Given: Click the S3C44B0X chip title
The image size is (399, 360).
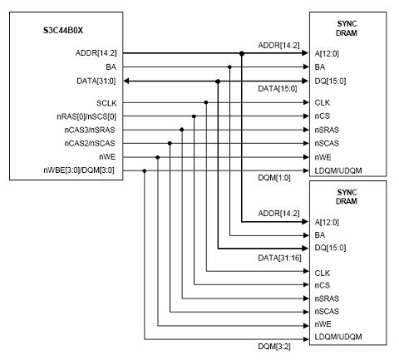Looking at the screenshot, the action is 63,30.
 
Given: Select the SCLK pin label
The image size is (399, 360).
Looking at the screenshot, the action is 106,103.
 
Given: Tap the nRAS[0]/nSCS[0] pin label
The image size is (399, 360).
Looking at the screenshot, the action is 86,116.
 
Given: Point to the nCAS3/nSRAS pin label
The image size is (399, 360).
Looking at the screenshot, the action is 90,130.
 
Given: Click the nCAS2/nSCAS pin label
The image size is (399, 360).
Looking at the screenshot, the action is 90,143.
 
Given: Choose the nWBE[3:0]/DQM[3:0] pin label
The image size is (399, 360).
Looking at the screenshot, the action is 79,170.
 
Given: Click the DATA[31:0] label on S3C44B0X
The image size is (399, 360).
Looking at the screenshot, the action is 96,81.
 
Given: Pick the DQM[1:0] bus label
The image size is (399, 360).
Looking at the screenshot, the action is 274,178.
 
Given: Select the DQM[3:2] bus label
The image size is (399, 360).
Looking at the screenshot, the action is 274,346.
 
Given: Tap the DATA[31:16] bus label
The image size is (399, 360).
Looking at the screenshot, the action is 279,258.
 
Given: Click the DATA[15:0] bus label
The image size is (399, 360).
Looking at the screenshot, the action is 278,89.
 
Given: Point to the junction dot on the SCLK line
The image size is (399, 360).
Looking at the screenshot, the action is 206,102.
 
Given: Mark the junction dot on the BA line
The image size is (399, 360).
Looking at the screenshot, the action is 229,67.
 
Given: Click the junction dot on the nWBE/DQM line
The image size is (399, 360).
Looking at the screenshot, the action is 145,170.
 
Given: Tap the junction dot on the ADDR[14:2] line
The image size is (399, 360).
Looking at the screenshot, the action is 242,53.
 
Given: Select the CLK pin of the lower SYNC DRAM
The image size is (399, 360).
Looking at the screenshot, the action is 323,274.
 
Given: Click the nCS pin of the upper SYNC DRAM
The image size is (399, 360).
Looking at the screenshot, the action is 323,116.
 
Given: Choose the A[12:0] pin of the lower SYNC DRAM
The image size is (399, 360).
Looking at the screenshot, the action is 327,222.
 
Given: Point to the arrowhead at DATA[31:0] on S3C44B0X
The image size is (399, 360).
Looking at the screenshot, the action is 126,81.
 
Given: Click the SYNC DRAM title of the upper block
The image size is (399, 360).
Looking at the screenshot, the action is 347,28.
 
